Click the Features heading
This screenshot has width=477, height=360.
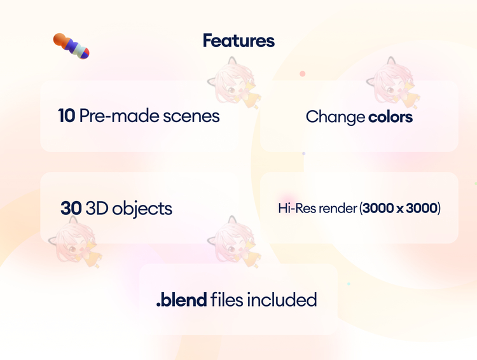(x=238, y=41)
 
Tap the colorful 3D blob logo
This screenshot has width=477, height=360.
(x=71, y=46)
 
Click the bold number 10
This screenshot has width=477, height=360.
(x=66, y=116)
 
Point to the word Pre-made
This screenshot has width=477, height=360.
(x=120, y=116)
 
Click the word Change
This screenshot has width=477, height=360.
(x=335, y=118)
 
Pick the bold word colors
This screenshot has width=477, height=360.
(x=391, y=117)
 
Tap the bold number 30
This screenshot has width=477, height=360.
(x=71, y=209)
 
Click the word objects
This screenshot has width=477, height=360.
(x=142, y=209)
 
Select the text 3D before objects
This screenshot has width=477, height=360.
(x=97, y=209)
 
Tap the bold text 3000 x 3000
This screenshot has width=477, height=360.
(x=400, y=209)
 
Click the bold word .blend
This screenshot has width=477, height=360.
(x=182, y=300)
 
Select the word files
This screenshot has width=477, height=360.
(x=226, y=300)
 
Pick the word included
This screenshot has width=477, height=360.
(x=282, y=300)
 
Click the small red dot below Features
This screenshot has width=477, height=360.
(x=302, y=74)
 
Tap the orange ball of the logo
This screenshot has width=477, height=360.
(x=60, y=39)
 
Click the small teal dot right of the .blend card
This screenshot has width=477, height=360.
(x=349, y=284)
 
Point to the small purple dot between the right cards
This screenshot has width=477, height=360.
(x=303, y=154)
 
